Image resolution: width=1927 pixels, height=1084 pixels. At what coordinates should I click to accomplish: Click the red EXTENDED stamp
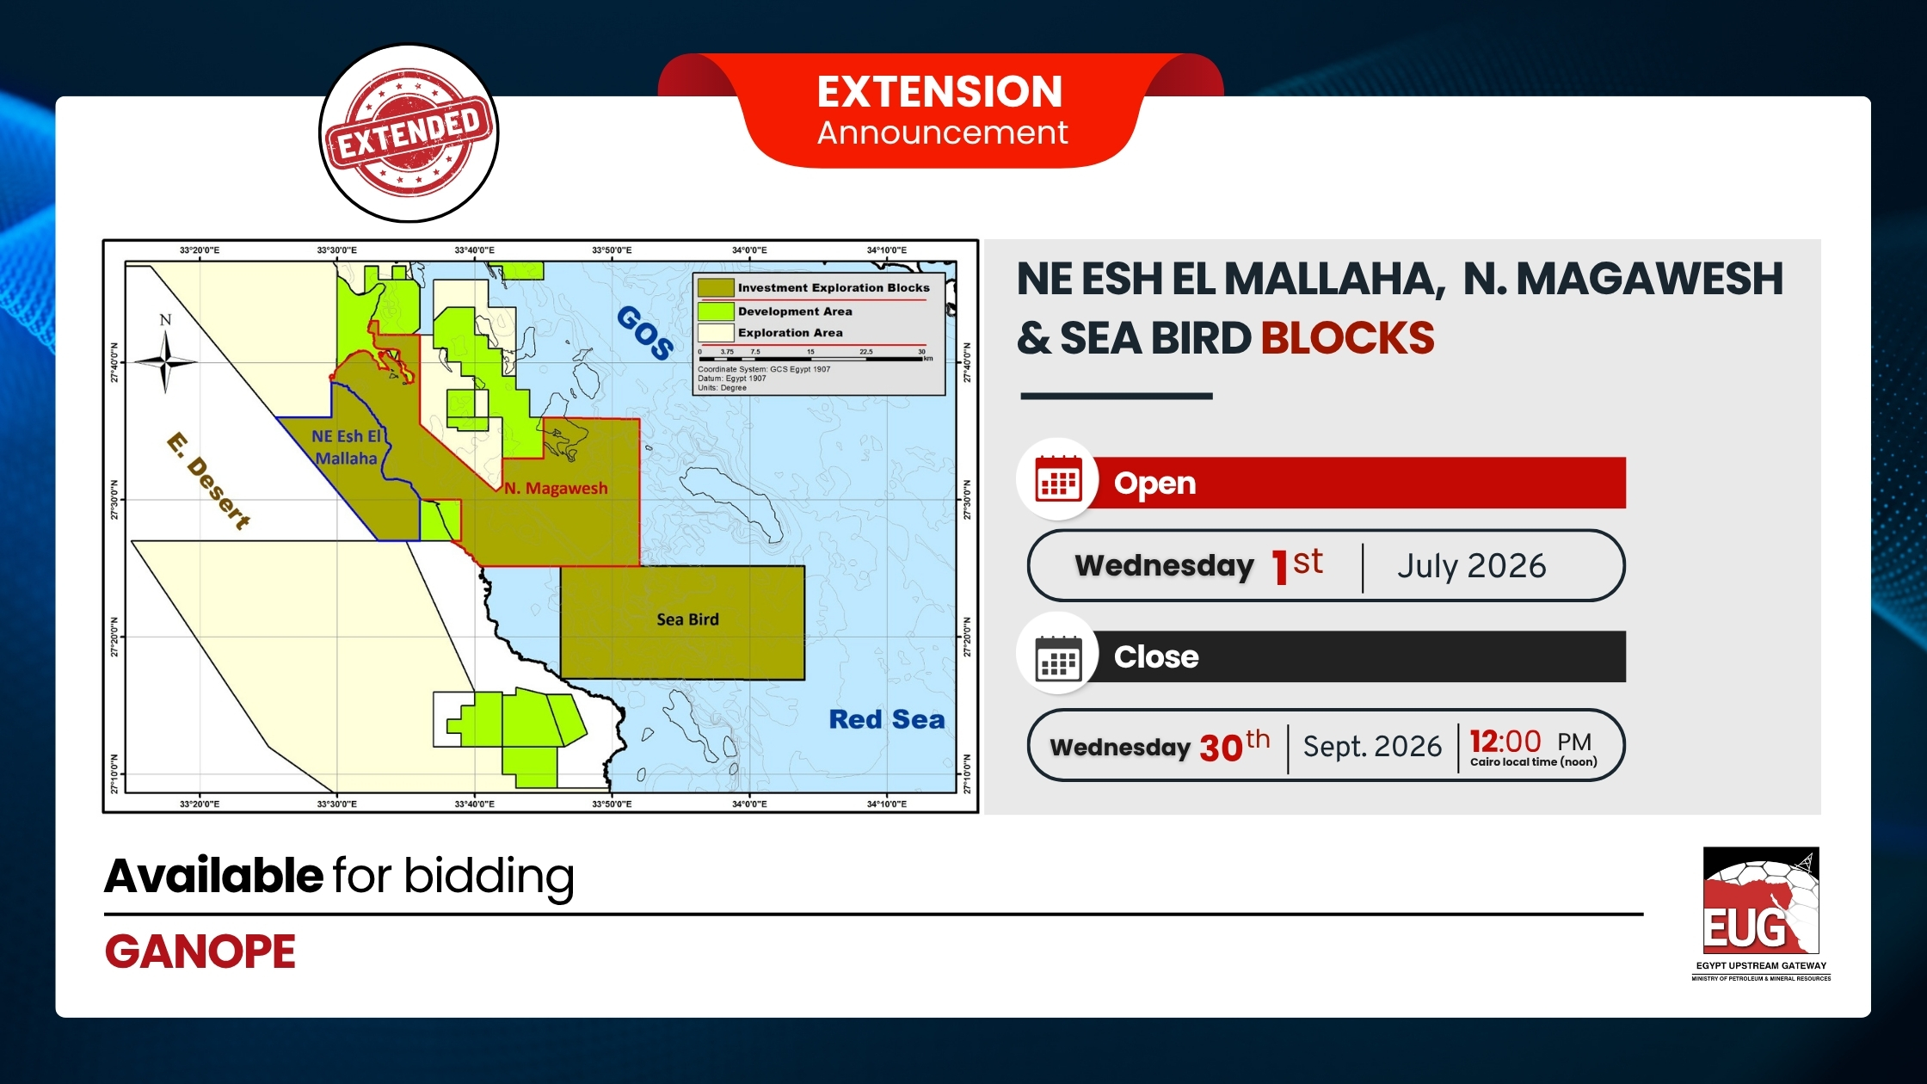pos(409,133)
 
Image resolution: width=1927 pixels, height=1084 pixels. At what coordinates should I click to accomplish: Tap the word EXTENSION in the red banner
pos(940,91)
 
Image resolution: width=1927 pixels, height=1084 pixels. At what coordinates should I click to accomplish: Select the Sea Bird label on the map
pos(687,619)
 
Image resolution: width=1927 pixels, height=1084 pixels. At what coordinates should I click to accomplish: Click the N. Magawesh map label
pos(556,488)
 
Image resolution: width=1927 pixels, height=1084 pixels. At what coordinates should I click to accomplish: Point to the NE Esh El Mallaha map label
pos(348,447)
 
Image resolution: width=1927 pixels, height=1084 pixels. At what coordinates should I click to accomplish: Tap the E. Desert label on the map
pos(209,481)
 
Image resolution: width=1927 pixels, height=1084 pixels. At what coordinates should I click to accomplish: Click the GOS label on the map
pos(645,332)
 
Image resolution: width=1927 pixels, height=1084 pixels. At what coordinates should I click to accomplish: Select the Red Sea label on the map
pos(887,719)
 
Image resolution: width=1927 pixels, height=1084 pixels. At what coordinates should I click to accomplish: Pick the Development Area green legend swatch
pos(716,311)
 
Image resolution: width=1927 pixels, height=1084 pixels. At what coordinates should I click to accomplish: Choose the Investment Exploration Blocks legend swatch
pos(716,287)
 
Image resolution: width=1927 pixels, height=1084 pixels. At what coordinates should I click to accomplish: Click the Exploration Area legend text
pos(791,333)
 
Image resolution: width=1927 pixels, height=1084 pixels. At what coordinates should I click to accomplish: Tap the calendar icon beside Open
pos(1058,479)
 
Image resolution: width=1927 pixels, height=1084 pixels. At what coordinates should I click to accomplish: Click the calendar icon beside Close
pos(1058,658)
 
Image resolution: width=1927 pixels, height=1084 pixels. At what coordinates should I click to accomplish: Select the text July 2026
pos(1472,565)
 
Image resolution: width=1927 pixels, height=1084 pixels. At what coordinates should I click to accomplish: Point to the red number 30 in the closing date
pos(1221,748)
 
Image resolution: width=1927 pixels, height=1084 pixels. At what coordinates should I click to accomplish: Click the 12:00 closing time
pos(1505,741)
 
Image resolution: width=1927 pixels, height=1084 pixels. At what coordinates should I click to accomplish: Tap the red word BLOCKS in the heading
pos(1348,338)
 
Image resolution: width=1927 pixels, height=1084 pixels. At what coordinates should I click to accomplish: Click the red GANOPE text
pos(200,952)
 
